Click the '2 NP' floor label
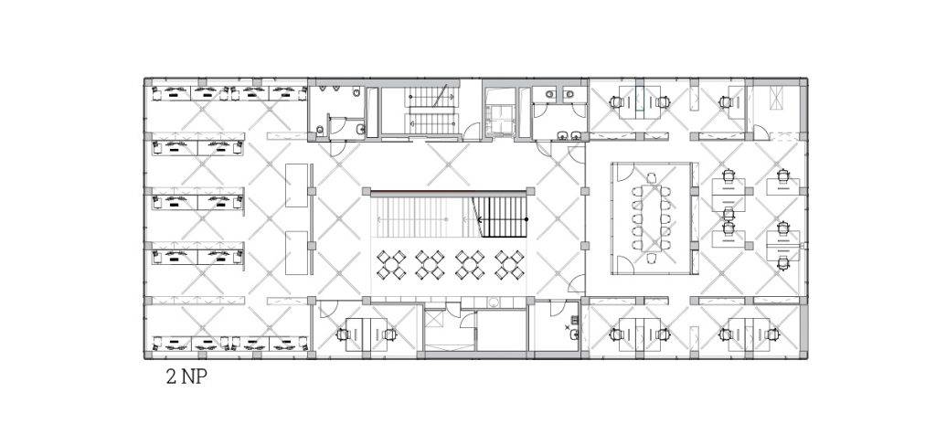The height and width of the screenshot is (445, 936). coord(186,377)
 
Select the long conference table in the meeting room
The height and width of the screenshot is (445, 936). coord(651,217)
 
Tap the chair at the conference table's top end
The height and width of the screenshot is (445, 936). coord(651,177)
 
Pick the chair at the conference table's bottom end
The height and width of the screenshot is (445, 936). coord(651,258)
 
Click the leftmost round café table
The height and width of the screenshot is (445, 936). coord(391,265)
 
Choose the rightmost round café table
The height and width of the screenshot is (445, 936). coord(509,265)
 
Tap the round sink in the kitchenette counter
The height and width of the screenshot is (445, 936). coord(494,302)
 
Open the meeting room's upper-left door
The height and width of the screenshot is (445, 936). coord(625,173)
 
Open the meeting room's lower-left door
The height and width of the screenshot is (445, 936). coord(625,264)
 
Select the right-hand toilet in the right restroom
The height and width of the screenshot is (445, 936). coord(569,93)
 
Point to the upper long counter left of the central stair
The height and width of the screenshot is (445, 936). coord(297,185)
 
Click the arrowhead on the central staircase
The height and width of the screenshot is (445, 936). coord(479,219)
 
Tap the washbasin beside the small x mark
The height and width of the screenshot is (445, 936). coord(574,334)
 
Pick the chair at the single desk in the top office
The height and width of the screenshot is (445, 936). coord(726,102)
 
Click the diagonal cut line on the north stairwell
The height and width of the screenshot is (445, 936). coord(441,95)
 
